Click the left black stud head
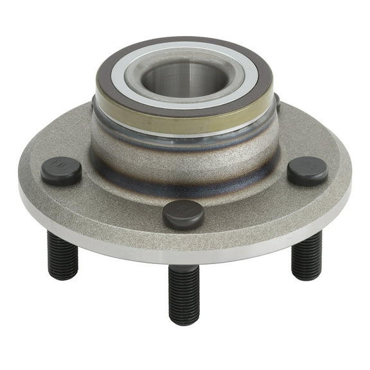[61, 171]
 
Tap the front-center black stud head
[183, 214]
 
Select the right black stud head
[307, 170]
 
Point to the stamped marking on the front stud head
[184, 209]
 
